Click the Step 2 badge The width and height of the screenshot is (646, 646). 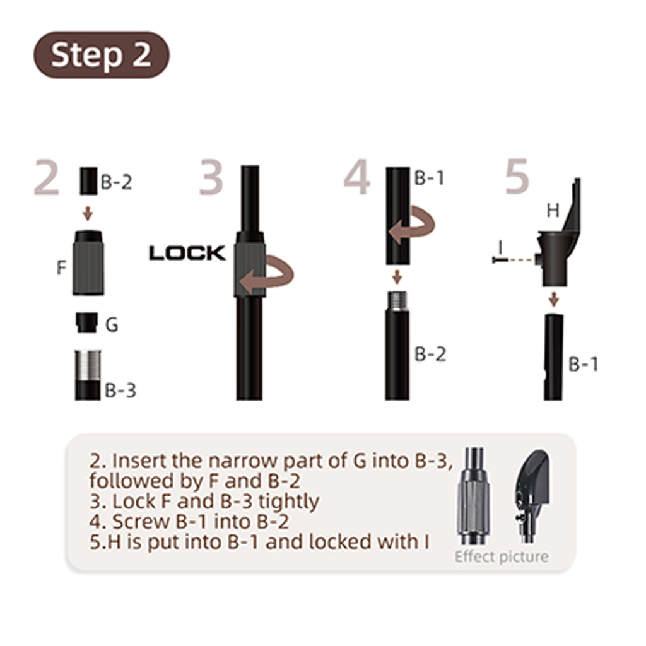click(x=102, y=55)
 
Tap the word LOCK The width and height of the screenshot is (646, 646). click(x=187, y=253)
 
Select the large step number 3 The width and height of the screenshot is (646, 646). click(x=211, y=177)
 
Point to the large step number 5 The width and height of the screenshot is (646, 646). click(x=517, y=177)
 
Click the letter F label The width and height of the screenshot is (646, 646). click(x=61, y=267)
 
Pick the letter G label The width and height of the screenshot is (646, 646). click(x=112, y=325)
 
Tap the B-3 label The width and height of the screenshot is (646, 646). click(x=120, y=390)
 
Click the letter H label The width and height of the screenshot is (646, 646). click(x=553, y=211)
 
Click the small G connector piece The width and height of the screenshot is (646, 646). click(x=87, y=322)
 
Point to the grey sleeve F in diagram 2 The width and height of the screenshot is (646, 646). click(x=88, y=263)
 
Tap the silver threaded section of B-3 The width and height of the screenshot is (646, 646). click(x=88, y=366)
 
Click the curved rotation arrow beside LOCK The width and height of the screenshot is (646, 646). click(x=267, y=274)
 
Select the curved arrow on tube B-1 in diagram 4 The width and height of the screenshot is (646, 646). click(x=412, y=225)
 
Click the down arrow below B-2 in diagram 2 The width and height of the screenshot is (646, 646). click(x=87, y=213)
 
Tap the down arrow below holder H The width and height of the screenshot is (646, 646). click(x=554, y=300)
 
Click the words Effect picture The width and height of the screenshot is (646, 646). click(x=502, y=556)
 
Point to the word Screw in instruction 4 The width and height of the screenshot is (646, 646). click(x=141, y=522)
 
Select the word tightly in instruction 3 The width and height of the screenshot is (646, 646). click(x=288, y=502)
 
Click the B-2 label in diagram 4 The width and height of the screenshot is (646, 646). click(x=430, y=355)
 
